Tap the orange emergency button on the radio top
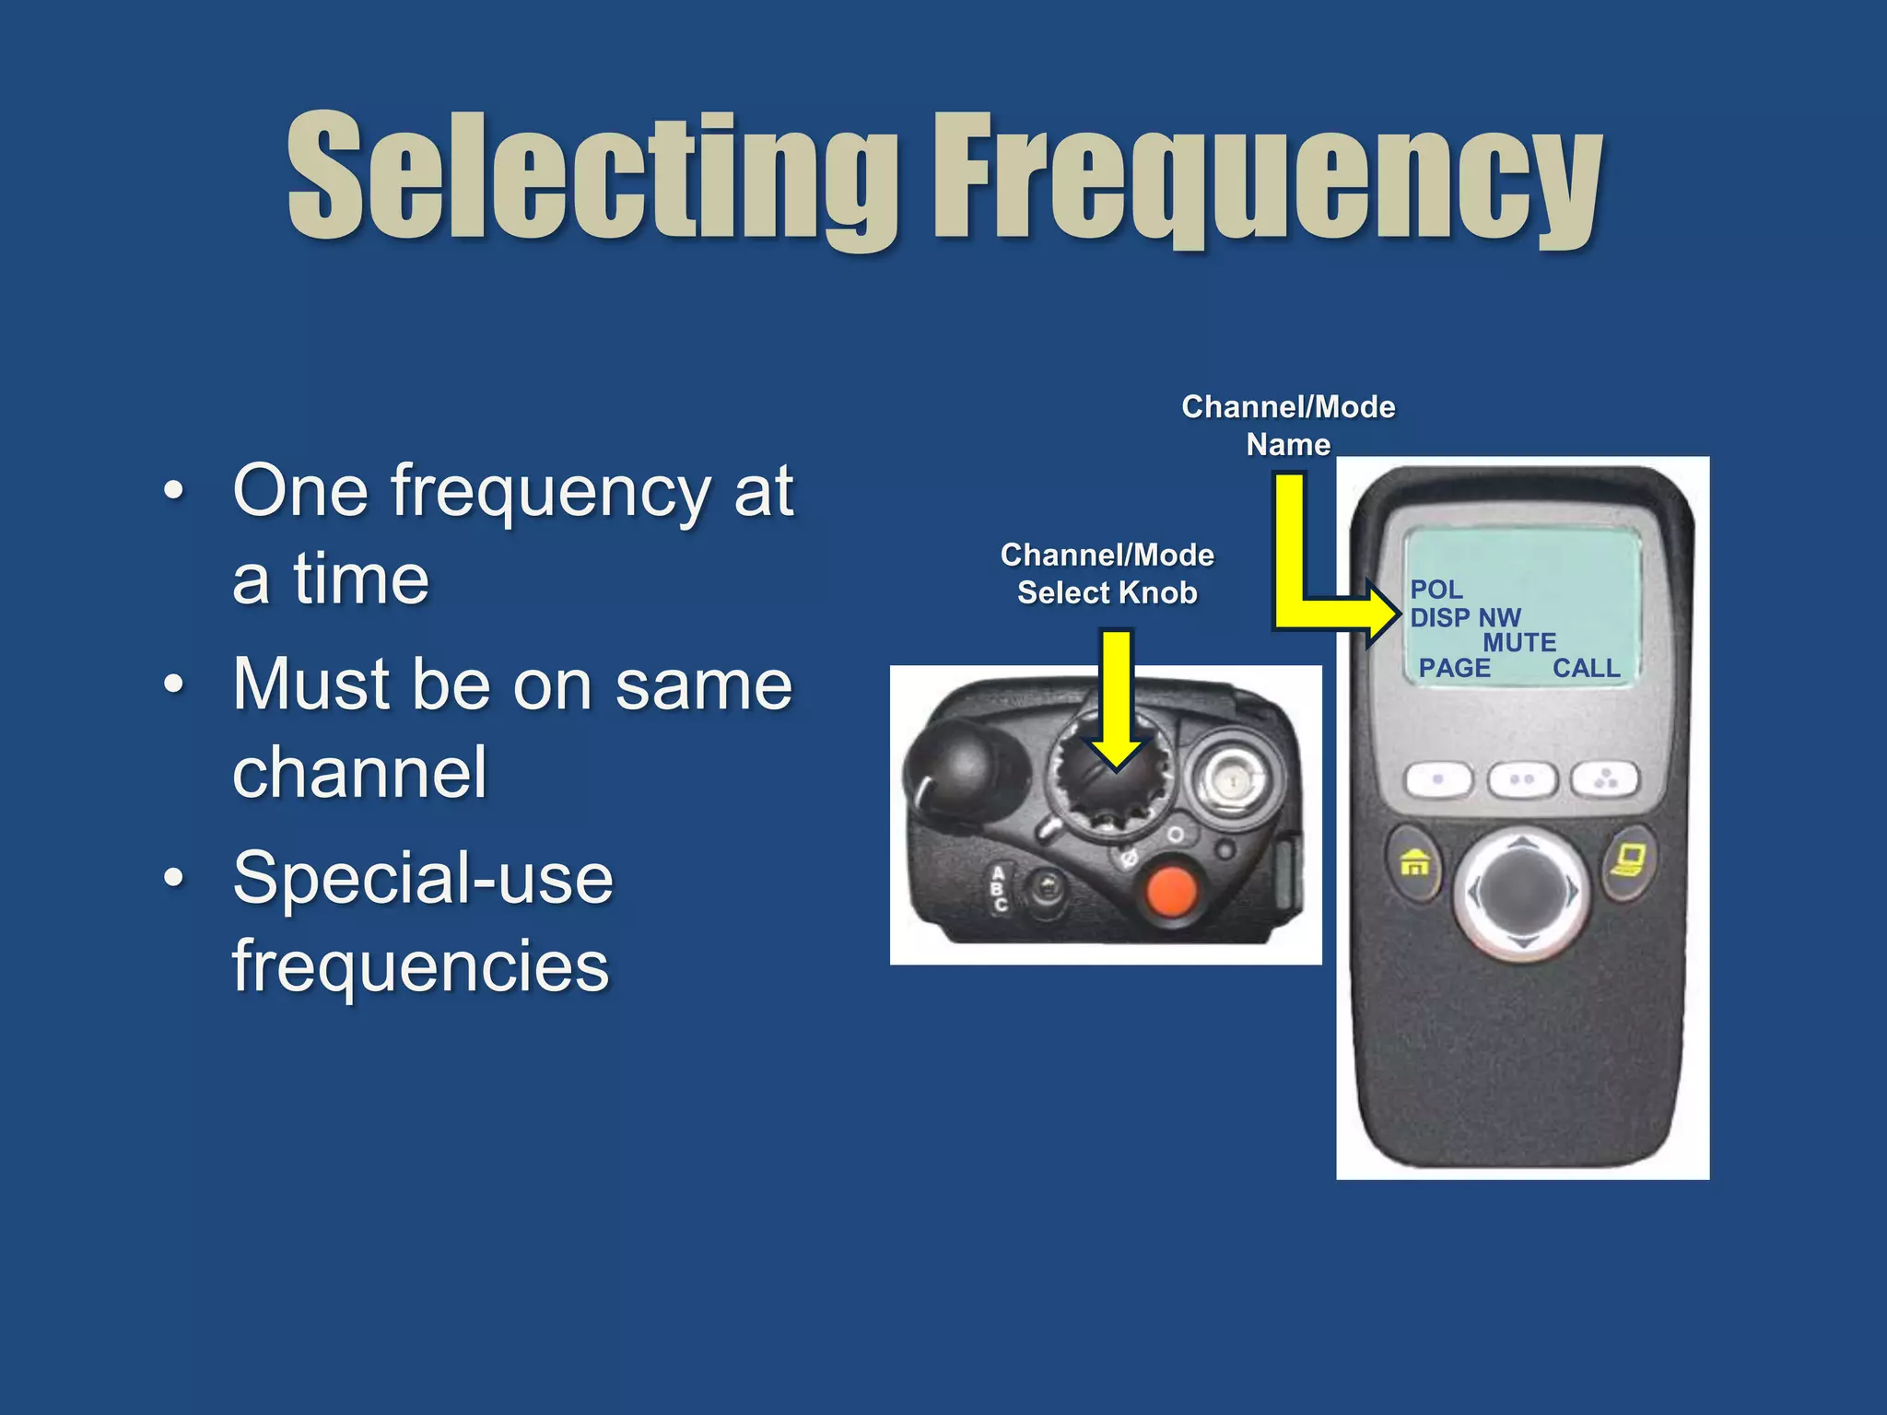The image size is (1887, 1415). (x=1170, y=891)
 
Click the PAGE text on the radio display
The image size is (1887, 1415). (x=1454, y=668)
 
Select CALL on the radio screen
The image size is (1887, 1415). (x=1586, y=668)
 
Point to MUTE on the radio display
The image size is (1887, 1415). (x=1519, y=642)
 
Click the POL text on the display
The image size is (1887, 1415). (x=1436, y=590)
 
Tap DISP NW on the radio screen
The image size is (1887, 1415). (x=1465, y=617)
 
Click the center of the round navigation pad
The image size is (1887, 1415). (x=1522, y=891)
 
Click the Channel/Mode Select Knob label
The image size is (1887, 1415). (x=1107, y=573)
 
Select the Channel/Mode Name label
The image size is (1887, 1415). (x=1288, y=425)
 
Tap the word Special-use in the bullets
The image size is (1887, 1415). (x=423, y=878)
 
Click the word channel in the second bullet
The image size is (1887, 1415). (x=359, y=772)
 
